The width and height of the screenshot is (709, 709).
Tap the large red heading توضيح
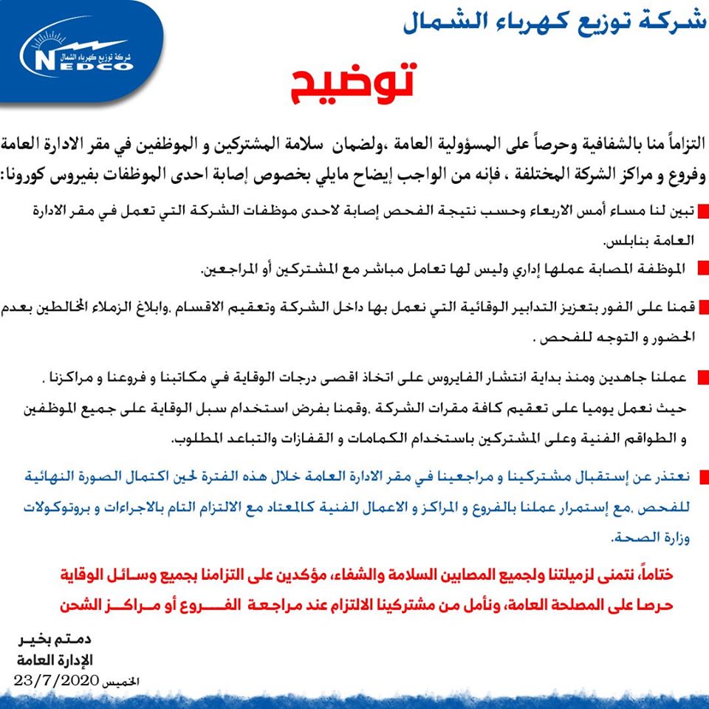[349, 87]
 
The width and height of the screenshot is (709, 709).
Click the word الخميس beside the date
[119, 680]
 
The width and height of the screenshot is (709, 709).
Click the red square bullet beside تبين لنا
[702, 215]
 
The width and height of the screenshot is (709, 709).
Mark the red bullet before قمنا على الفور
[702, 306]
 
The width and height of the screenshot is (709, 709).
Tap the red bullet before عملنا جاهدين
[702, 377]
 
